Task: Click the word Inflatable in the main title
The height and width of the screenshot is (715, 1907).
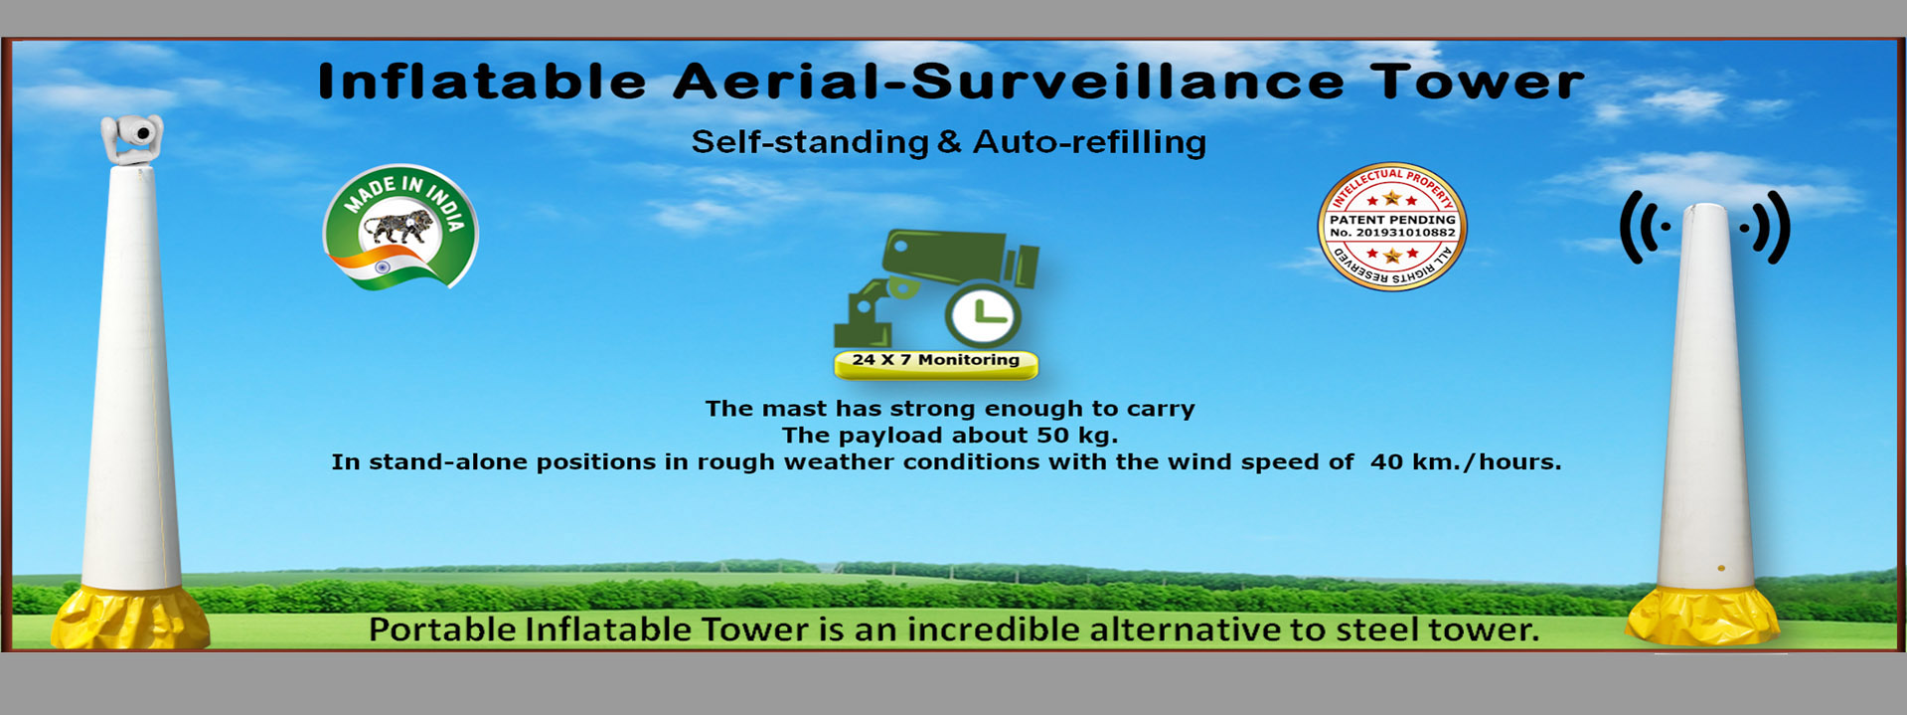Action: (482, 82)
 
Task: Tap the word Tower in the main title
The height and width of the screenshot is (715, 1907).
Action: (1478, 82)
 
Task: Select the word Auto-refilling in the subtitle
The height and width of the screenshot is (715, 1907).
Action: (1089, 142)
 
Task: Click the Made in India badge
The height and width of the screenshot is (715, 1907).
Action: (401, 228)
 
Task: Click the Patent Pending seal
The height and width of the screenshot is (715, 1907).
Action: (1392, 227)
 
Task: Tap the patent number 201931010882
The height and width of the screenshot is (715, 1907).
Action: (1406, 233)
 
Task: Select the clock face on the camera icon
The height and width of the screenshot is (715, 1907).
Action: (982, 315)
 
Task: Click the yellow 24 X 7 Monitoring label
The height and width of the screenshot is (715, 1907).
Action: (936, 364)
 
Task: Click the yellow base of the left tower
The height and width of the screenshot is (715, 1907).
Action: (129, 619)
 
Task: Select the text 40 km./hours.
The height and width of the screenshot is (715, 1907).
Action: (1466, 462)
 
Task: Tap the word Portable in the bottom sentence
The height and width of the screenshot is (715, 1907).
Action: (442, 630)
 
